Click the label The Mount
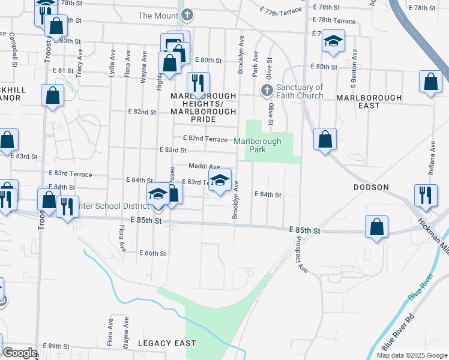click(158, 15)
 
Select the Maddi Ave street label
click(204, 166)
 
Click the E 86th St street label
click(152, 254)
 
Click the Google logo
click(20, 353)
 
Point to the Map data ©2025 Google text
click(412, 355)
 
